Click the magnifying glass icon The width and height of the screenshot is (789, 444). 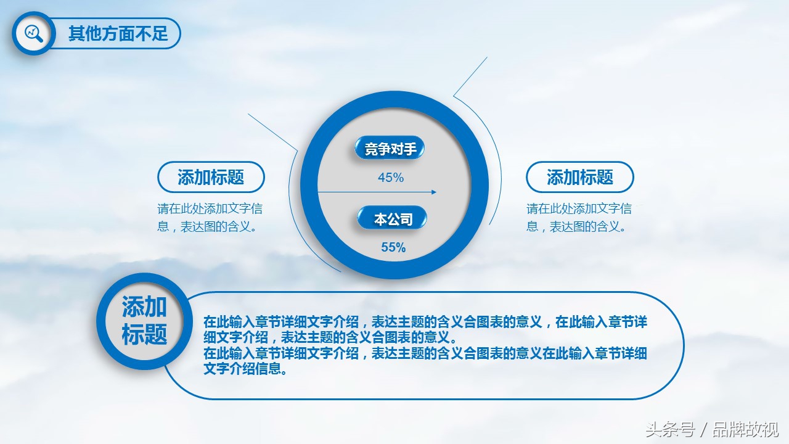34,33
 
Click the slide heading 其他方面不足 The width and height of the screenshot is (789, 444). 118,33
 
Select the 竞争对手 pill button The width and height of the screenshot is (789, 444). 390,147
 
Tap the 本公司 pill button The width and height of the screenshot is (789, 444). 392,218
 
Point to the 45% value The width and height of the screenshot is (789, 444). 391,178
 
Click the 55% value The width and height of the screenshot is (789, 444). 393,247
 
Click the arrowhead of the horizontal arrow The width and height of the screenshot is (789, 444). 434,192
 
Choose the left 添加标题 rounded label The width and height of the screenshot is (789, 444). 211,177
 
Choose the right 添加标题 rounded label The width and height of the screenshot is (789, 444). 580,177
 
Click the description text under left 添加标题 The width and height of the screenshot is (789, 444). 210,218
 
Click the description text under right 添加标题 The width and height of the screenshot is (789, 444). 579,218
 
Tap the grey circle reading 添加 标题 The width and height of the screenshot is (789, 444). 144,321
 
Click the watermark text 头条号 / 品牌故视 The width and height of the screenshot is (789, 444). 712,430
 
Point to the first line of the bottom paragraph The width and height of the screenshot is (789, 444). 425,322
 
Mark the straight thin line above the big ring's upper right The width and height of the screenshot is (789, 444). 470,76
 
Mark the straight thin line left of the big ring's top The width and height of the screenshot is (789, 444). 273,132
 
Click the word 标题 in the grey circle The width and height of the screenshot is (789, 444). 144,334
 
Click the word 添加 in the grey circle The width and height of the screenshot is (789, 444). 144,306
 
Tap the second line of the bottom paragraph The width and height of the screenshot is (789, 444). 330,337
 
